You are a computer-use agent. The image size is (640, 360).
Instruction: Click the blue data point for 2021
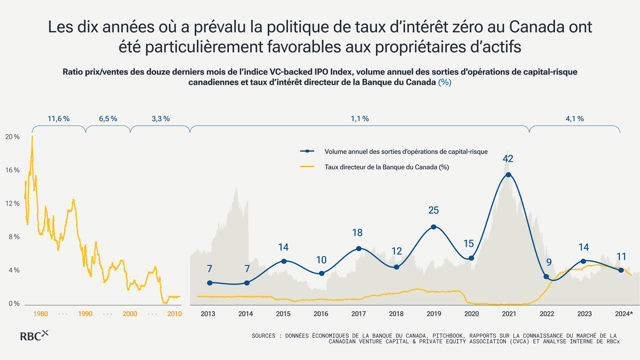click(x=508, y=175)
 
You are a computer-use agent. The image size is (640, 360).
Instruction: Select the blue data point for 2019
click(x=434, y=227)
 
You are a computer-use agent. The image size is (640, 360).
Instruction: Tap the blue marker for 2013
click(x=210, y=283)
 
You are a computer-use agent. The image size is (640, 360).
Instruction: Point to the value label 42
click(x=508, y=159)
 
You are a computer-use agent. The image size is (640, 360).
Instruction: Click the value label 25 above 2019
click(x=434, y=210)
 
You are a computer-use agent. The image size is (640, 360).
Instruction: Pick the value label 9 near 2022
click(x=549, y=262)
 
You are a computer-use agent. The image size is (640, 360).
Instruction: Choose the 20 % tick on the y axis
click(x=12, y=137)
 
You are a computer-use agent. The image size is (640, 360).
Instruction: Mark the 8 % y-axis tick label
click(x=14, y=237)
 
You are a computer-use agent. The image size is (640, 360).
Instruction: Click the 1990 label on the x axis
click(x=85, y=314)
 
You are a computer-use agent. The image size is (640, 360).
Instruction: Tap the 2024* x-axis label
click(x=624, y=314)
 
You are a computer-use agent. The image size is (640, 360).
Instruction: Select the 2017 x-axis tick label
click(x=358, y=314)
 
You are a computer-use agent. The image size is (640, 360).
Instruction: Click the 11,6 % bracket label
click(x=59, y=119)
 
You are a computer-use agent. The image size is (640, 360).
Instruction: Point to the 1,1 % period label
click(x=360, y=119)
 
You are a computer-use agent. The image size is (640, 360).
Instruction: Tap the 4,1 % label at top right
click(x=575, y=119)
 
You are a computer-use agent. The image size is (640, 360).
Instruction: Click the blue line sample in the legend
click(x=307, y=151)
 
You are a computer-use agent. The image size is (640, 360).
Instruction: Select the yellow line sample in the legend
click(x=307, y=167)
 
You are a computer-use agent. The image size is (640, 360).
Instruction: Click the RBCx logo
click(x=35, y=336)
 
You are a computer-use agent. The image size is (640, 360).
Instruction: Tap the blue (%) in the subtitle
click(x=444, y=82)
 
